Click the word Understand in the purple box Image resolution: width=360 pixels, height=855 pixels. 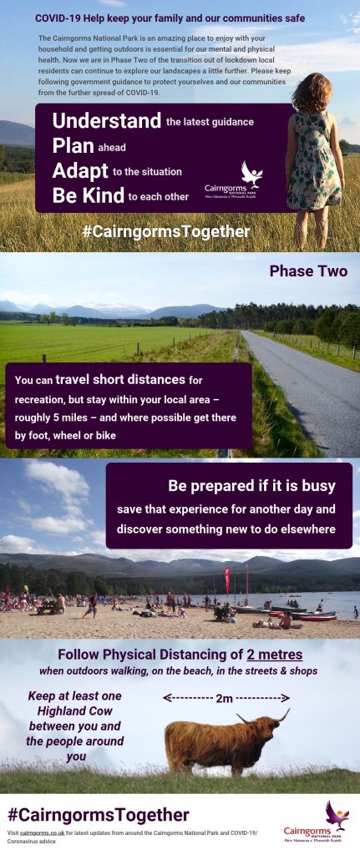click(107, 121)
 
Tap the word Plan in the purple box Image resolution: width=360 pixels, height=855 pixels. click(74, 146)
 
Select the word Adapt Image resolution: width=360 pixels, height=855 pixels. click(80, 171)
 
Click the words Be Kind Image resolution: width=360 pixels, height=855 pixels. click(89, 195)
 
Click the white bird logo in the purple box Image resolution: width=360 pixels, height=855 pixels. click(251, 173)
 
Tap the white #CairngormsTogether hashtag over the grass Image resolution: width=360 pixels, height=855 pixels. click(166, 231)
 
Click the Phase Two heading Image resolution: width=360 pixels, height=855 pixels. click(308, 271)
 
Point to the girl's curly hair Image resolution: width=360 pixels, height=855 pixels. click(312, 93)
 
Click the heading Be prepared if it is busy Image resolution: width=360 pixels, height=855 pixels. click(251, 486)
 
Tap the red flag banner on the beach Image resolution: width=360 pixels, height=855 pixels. click(227, 580)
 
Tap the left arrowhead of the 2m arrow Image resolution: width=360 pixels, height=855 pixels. click(166, 698)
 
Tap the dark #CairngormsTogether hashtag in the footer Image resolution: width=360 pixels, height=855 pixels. click(99, 815)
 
